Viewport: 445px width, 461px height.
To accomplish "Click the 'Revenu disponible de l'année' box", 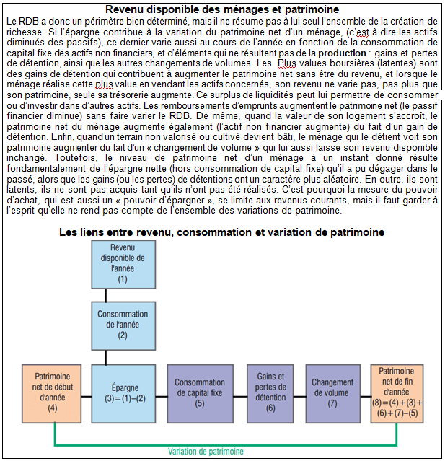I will [x=122, y=263].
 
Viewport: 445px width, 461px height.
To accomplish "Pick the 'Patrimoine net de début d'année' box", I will [x=52, y=393].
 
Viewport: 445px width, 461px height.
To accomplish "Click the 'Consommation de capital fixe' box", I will [x=200, y=393].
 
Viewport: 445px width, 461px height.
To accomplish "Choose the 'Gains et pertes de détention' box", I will [x=270, y=392].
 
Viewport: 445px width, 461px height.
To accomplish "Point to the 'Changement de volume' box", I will [x=332, y=392].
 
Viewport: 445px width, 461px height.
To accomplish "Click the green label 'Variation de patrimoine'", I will [x=206, y=451].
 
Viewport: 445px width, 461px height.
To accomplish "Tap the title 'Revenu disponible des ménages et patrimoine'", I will [x=222, y=9].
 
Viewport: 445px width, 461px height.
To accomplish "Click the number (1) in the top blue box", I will [x=122, y=278].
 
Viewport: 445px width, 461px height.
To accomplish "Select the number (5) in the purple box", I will [x=200, y=403].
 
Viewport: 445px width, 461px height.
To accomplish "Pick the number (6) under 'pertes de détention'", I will [x=270, y=408].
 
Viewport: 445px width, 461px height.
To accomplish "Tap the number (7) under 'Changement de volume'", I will [x=332, y=403].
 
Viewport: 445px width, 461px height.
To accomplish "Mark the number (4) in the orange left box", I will [x=52, y=408].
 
